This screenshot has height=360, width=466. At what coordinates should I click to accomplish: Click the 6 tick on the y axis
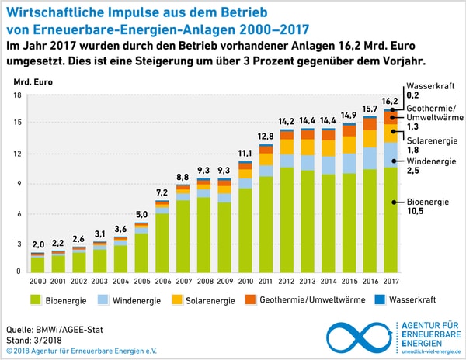pyautogui.click(x=19, y=214)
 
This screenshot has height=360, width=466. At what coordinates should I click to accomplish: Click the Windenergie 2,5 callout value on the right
pyautogui.click(x=413, y=171)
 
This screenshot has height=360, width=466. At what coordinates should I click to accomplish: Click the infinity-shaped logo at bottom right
pyautogui.click(x=358, y=334)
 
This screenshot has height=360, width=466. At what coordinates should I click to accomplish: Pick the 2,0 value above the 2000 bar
pyautogui.click(x=37, y=245)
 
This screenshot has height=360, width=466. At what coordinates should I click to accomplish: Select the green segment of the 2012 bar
pyautogui.click(x=287, y=219)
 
